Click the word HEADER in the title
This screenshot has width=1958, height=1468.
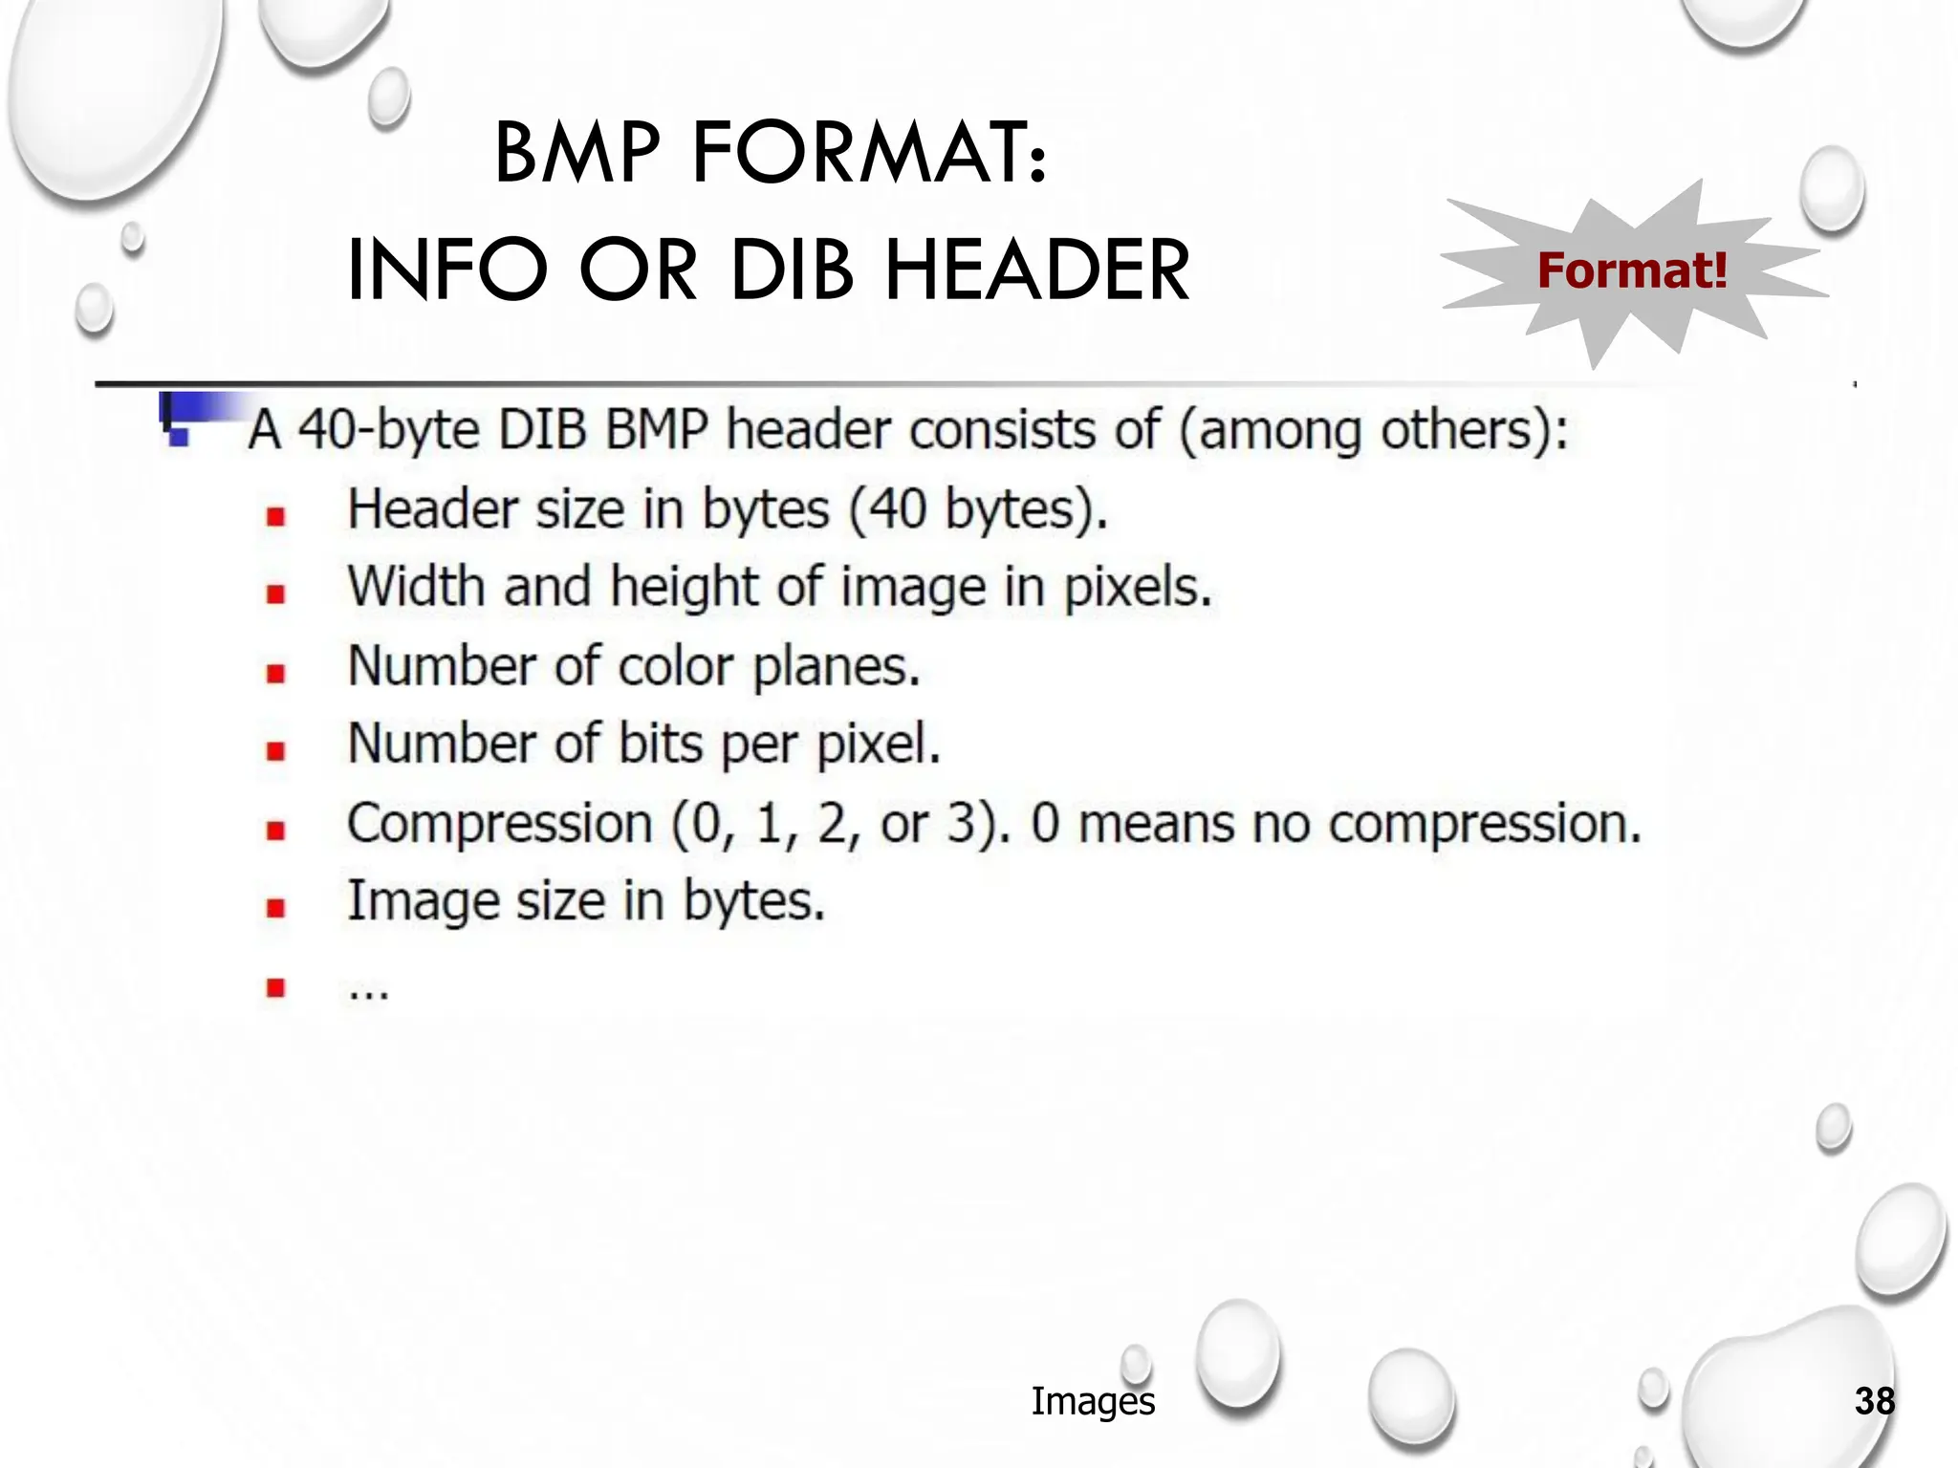point(1037,270)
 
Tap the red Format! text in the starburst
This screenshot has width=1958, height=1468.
point(1632,270)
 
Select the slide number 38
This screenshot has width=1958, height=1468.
point(1874,1401)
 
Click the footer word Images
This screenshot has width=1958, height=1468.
point(1093,1401)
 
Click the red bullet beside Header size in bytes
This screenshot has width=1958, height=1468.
point(276,517)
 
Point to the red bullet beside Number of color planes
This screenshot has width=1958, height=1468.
point(276,674)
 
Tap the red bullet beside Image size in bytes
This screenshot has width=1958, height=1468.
point(276,908)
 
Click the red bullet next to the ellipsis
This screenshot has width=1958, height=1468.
point(276,987)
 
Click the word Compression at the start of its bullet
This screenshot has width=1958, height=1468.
point(499,823)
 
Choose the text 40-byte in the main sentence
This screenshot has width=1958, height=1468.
point(388,429)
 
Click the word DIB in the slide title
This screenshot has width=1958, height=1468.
point(791,270)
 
